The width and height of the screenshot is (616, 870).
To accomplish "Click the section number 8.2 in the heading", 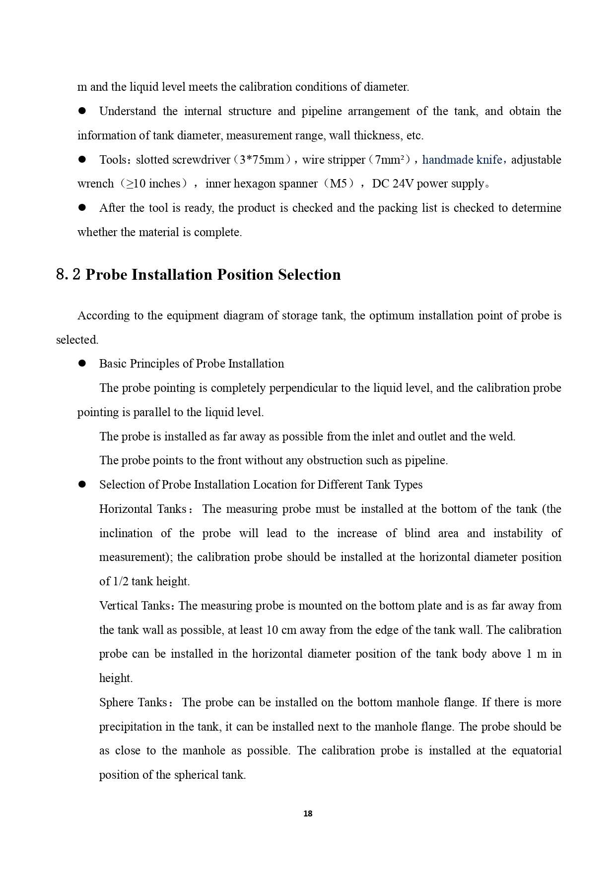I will pos(68,275).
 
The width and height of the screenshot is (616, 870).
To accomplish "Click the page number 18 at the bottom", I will pos(308,813).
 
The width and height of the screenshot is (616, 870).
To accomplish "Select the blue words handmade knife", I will pos(462,160).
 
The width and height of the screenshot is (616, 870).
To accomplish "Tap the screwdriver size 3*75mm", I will pos(262,160).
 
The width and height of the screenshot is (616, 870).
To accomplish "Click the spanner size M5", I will pos(339,184).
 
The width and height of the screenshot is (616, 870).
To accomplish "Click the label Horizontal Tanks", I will pos(142,509).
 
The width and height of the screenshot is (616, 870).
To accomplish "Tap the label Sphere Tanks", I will pos(133,702).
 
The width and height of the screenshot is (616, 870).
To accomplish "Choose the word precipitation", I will pos(130,727).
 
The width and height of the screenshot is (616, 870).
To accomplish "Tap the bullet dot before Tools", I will pos(82,160).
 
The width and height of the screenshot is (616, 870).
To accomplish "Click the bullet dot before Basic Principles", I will pos(82,364).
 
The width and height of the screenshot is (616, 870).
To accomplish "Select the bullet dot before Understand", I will pos(82,111).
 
